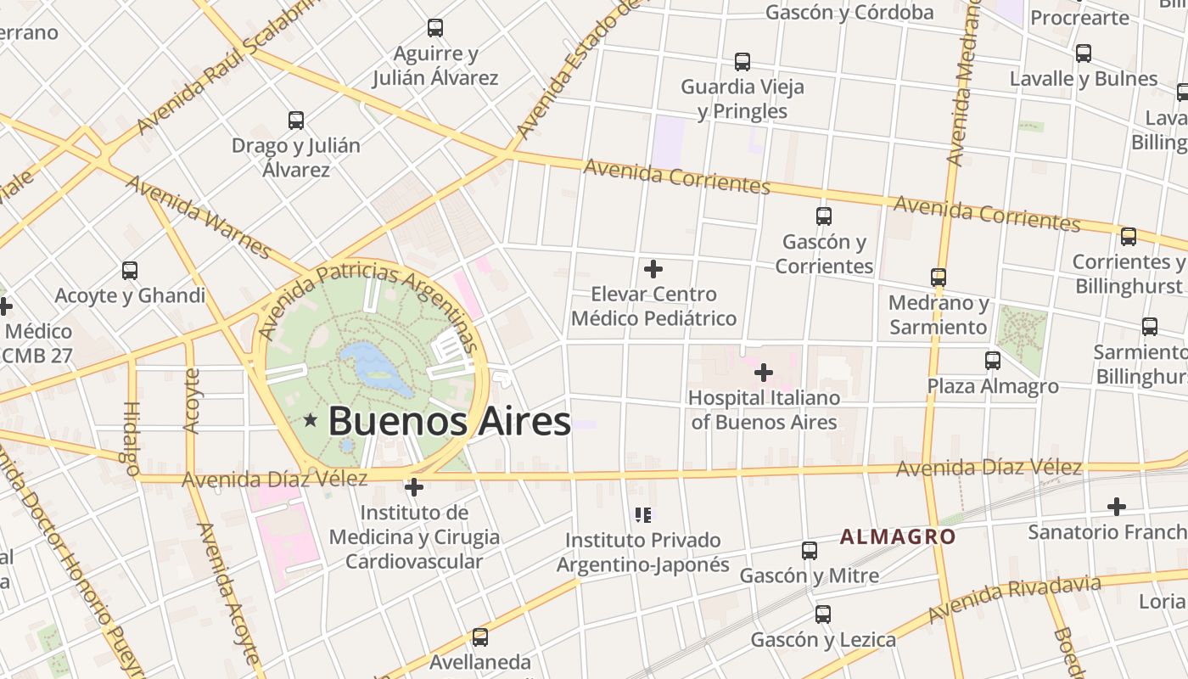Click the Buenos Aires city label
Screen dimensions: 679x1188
(449, 421)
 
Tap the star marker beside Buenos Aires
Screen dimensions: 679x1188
(311, 419)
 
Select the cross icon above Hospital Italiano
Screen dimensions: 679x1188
(764, 372)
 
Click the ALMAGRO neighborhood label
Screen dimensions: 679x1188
(898, 536)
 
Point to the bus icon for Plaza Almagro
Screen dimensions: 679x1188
(993, 361)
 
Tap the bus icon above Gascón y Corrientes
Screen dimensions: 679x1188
(823, 216)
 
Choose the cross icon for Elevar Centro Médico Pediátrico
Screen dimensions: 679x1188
(653, 269)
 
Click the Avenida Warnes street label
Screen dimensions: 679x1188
(199, 216)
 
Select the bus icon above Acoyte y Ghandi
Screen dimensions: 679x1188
(130, 271)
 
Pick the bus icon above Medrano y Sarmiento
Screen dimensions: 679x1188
(939, 278)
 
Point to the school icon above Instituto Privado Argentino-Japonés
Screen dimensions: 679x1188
(643, 514)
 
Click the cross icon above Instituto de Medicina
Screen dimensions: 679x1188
(414, 487)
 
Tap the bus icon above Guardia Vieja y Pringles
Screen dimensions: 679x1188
(742, 62)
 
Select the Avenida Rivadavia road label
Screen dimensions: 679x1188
(1015, 598)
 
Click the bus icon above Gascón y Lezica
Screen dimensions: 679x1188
(823, 614)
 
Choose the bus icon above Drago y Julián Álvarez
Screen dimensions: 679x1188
(296, 121)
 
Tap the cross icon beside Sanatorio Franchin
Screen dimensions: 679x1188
(1117, 507)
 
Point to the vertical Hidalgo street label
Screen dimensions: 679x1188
(132, 438)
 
